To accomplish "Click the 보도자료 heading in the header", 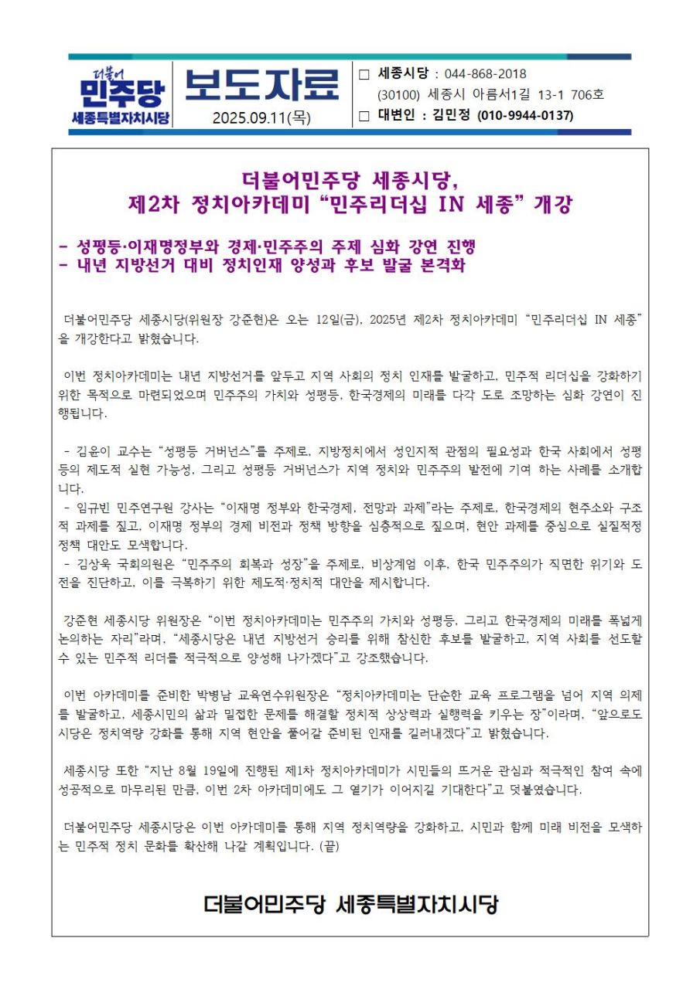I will [x=261, y=84].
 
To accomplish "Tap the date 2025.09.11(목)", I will [x=261, y=117].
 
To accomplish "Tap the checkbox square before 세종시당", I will [x=365, y=75].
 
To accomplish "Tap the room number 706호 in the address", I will [x=587, y=96].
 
